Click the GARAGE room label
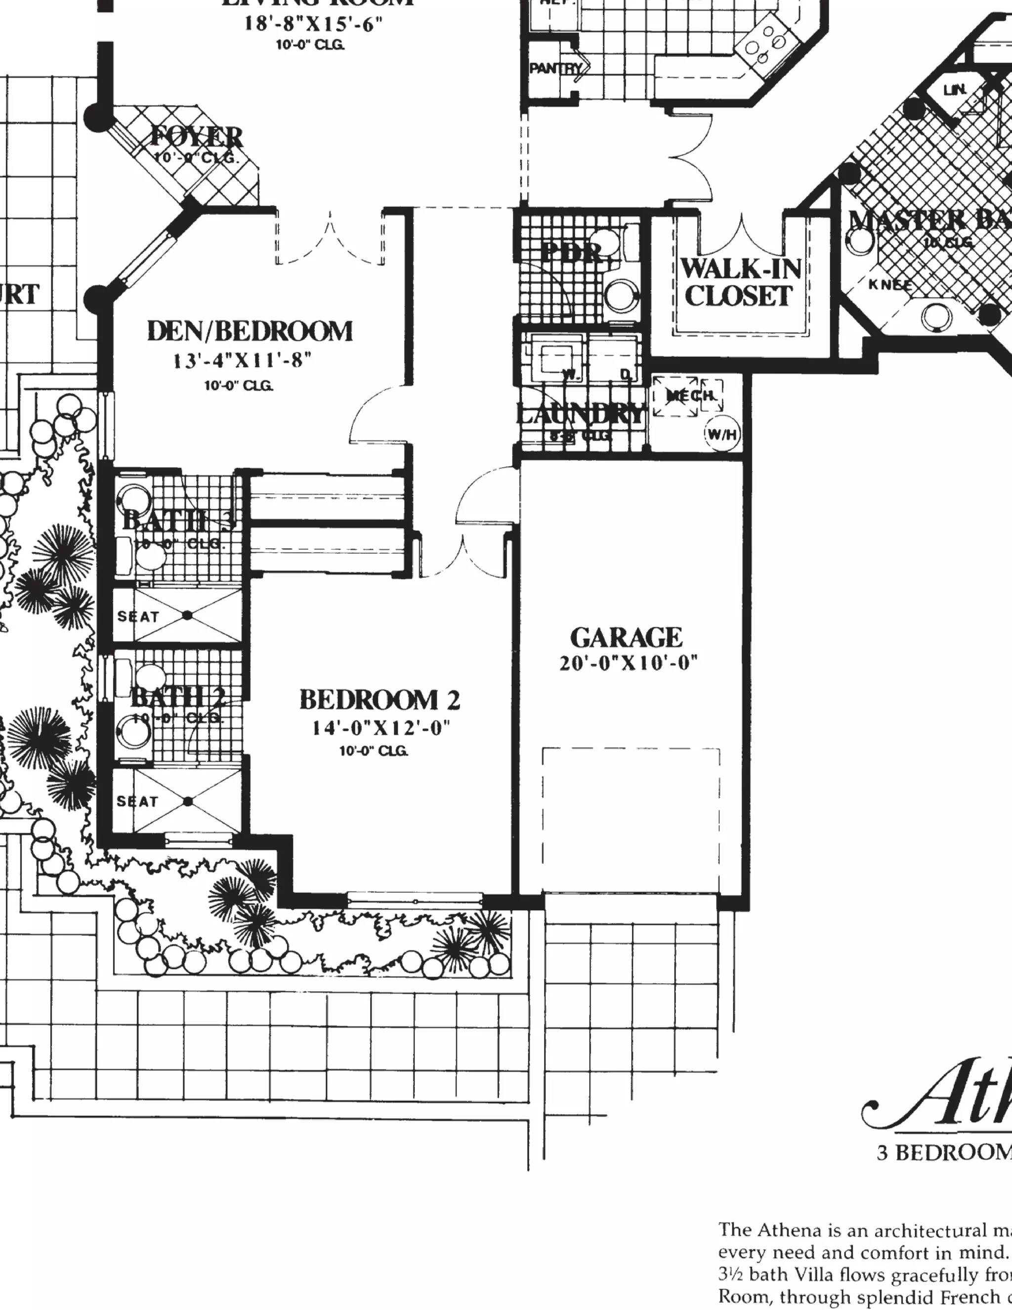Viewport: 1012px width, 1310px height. click(626, 638)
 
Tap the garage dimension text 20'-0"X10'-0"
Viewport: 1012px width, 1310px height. click(629, 663)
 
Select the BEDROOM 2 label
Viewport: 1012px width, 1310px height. click(379, 700)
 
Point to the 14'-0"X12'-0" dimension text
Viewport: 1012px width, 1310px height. click(380, 728)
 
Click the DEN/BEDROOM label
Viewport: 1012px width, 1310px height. click(250, 331)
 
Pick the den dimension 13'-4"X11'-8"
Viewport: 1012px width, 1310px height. click(242, 360)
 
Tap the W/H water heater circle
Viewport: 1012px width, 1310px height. click(722, 434)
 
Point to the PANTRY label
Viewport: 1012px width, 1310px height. click(555, 68)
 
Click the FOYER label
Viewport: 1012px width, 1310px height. click(197, 137)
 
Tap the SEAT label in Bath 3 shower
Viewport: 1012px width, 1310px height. click(138, 616)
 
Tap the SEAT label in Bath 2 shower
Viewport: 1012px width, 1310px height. click(137, 801)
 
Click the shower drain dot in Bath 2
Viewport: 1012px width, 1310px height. click(188, 801)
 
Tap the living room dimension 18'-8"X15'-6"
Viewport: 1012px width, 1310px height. click(313, 24)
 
